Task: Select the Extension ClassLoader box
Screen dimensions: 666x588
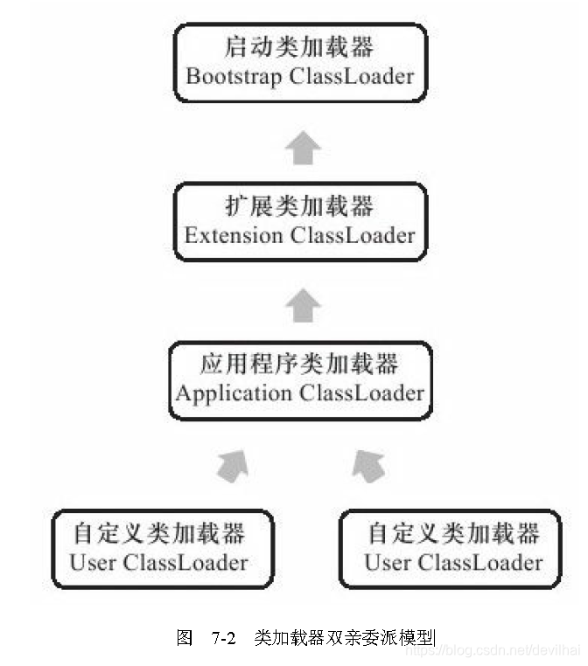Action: (x=300, y=221)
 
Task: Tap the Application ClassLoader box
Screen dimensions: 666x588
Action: (x=300, y=379)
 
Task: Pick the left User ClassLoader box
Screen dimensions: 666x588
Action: (x=161, y=548)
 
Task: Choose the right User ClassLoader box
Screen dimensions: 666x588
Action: (x=452, y=548)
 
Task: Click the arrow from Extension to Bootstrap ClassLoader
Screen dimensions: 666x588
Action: (x=302, y=149)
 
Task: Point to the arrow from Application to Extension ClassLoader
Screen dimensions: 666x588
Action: (x=303, y=306)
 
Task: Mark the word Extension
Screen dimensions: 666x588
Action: (x=234, y=236)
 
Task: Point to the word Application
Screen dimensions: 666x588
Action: (x=234, y=393)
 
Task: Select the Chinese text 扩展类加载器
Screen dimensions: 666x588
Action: (x=300, y=205)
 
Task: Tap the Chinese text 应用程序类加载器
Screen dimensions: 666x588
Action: (x=300, y=364)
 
